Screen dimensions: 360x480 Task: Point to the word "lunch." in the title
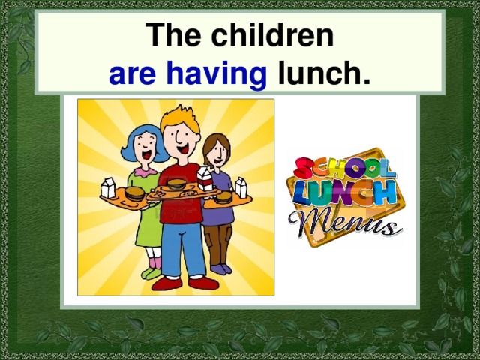[324, 74]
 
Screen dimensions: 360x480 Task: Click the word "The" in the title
[177, 36]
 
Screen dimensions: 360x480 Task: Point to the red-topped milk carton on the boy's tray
[204, 178]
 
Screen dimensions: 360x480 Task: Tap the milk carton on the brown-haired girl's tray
[241, 187]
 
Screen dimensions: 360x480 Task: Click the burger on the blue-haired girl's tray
[134, 193]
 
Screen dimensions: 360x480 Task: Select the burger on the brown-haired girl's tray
[223, 197]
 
